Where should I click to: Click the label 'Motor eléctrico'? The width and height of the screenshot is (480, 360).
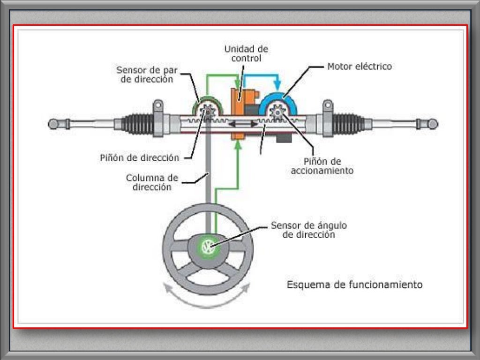tap(359, 67)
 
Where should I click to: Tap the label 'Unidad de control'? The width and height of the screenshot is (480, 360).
tap(246, 53)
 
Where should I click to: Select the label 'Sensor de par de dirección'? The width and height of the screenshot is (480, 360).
tap(145, 75)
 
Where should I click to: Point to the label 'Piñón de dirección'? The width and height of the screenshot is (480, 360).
tap(140, 158)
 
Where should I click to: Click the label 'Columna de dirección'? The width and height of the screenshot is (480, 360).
tap(152, 182)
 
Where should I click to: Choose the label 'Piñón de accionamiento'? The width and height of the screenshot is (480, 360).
tap(322, 166)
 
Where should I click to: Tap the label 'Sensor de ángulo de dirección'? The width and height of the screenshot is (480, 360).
tap(309, 230)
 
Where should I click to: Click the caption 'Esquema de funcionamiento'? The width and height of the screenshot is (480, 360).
tap(354, 285)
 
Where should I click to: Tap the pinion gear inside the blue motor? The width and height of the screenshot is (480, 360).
tap(278, 112)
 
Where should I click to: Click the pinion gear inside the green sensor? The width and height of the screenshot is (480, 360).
tap(207, 112)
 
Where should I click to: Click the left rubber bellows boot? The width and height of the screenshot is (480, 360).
tap(137, 124)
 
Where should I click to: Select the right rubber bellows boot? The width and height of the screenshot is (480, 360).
tap(349, 124)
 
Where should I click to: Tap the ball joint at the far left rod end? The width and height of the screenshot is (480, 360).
tap(53, 124)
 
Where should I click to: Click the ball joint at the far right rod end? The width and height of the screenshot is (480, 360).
tap(433, 124)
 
